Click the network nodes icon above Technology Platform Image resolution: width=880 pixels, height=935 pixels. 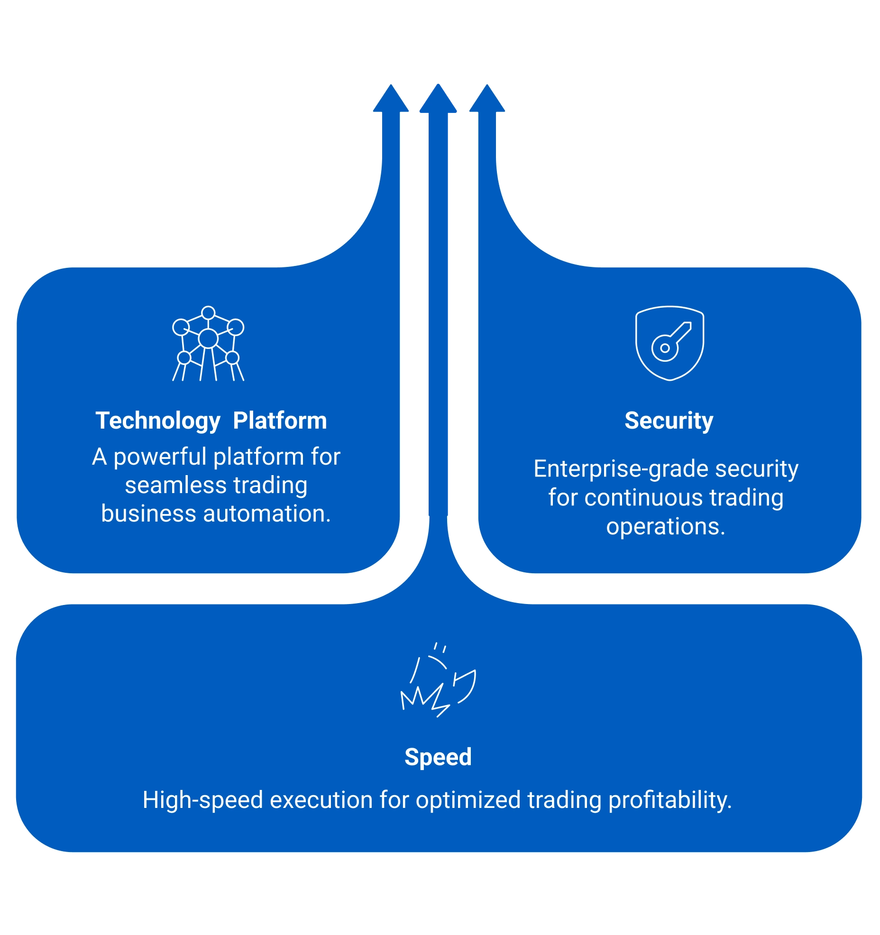point(208,343)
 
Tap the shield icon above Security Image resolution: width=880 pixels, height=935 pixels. point(669,343)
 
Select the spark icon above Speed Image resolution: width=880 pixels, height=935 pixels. point(438,680)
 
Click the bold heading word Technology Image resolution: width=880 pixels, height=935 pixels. point(158,421)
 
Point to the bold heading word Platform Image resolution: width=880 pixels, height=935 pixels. point(280,421)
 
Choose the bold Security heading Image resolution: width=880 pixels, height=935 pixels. point(669,421)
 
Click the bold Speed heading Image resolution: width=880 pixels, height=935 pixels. point(438,757)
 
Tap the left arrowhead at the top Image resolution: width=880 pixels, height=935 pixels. point(391,99)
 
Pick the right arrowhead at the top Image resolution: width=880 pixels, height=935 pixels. point(487,99)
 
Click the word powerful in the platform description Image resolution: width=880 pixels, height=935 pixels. point(162,458)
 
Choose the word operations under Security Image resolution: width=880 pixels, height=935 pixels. point(665,527)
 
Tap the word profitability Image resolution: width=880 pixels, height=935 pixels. point(669,800)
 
